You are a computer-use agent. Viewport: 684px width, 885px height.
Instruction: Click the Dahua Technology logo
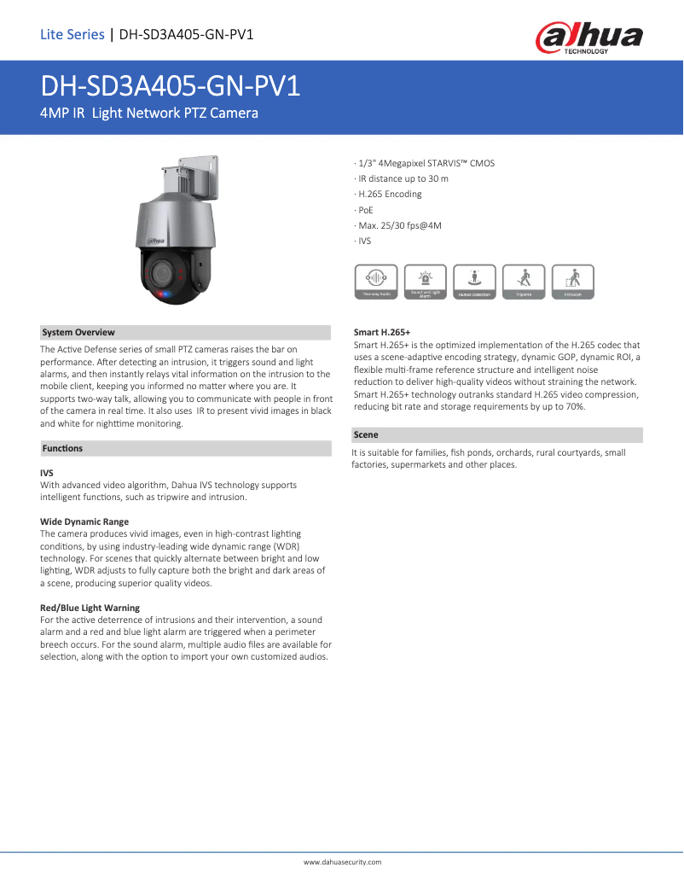tap(588, 38)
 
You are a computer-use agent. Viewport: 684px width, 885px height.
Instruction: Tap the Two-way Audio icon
tap(375, 282)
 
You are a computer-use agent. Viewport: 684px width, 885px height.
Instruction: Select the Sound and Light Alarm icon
tap(425, 282)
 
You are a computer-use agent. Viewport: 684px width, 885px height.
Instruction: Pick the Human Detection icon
tap(474, 282)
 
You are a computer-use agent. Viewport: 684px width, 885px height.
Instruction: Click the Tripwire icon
tap(524, 282)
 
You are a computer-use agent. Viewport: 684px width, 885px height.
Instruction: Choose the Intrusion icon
tap(573, 282)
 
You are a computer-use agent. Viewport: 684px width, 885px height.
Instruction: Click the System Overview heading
tap(78, 333)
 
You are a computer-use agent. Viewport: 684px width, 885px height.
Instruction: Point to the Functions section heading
tap(62, 448)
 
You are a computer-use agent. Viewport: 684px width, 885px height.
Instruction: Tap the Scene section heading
tap(366, 435)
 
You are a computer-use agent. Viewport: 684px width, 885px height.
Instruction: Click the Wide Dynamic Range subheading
tap(84, 521)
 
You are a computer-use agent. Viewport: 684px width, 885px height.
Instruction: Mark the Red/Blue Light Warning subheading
tap(90, 608)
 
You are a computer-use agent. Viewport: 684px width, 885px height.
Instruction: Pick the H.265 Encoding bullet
tap(389, 195)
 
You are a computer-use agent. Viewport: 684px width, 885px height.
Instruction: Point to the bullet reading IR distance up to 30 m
tap(402, 178)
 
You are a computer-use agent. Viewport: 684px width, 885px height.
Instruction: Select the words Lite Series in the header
tap(72, 35)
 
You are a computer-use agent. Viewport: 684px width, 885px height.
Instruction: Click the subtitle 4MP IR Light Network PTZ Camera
tap(149, 113)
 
